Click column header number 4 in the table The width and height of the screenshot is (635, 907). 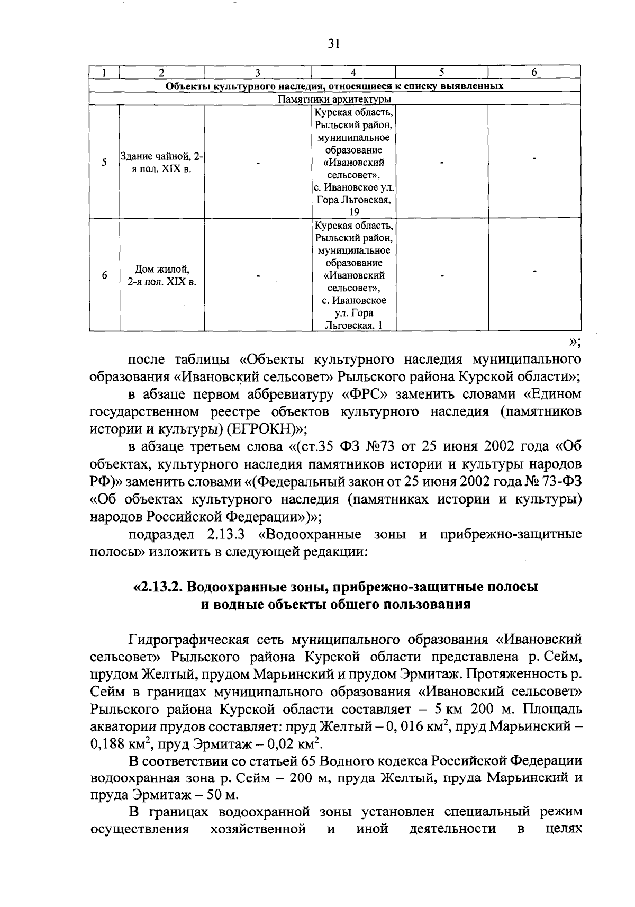[353, 73]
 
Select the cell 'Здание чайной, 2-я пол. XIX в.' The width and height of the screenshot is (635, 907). [162, 162]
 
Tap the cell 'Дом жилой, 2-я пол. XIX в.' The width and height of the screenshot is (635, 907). [162, 275]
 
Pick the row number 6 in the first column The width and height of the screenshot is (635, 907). [104, 275]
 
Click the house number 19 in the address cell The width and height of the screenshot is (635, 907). [353, 212]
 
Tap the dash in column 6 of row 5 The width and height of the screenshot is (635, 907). [535, 158]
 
